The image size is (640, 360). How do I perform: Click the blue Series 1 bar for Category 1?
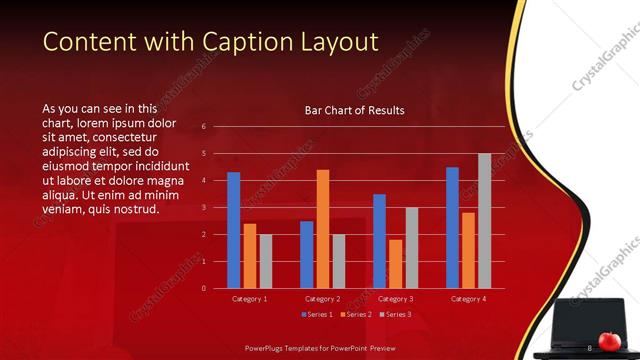pyautogui.click(x=234, y=230)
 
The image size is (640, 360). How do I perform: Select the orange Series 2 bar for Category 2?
pyautogui.click(x=323, y=229)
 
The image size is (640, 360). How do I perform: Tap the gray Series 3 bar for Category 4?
pyautogui.click(x=485, y=221)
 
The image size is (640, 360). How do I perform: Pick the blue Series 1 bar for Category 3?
pyautogui.click(x=380, y=241)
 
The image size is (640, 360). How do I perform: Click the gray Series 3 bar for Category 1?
pyautogui.click(x=265, y=261)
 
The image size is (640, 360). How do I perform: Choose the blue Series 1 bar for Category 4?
pyautogui.click(x=453, y=227)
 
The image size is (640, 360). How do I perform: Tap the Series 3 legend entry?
pyautogui.click(x=395, y=315)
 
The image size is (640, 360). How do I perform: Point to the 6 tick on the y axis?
pyautogui.click(x=203, y=127)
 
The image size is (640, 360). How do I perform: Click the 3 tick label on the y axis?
pyautogui.click(x=203, y=207)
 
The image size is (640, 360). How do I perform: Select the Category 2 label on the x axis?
pyautogui.click(x=323, y=299)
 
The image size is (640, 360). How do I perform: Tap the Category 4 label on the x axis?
pyautogui.click(x=469, y=299)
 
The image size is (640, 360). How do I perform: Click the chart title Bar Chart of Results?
pyautogui.click(x=354, y=110)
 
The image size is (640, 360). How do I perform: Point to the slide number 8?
pyautogui.click(x=589, y=347)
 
